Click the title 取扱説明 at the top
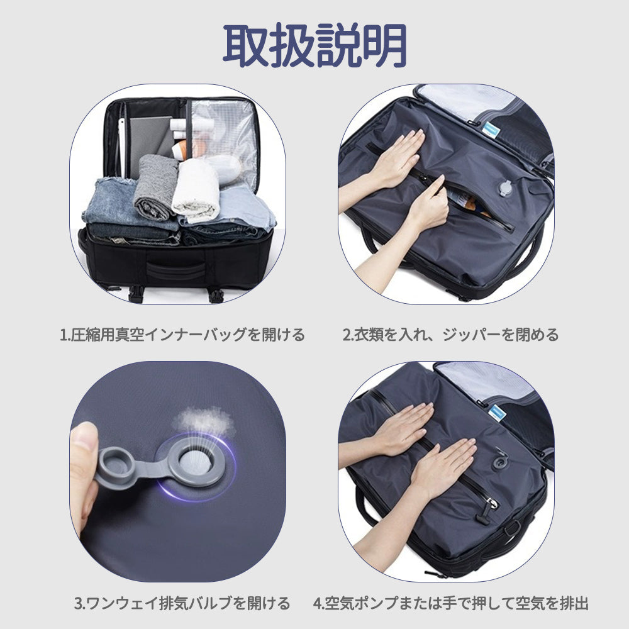click(x=314, y=45)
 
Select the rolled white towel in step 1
click(x=196, y=189)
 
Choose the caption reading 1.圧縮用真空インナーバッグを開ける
click(x=182, y=335)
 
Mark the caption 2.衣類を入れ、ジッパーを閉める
click(x=450, y=335)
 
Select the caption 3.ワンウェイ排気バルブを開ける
click(x=182, y=603)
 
